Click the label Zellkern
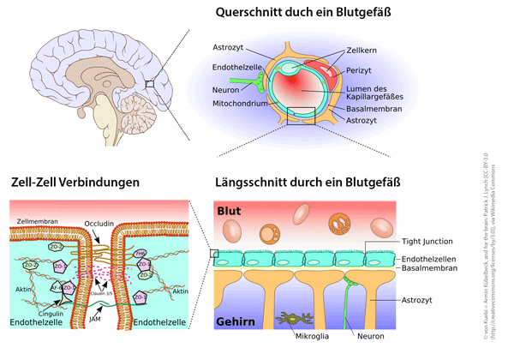coord(362,51)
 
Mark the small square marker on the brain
coord(150,83)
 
